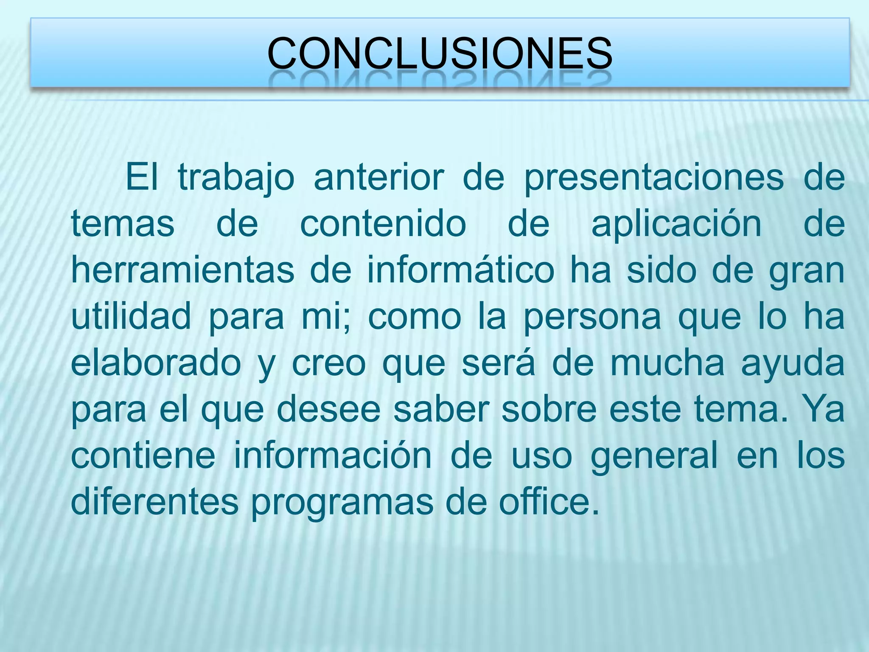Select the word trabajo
[x=236, y=177]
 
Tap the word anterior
[x=378, y=177]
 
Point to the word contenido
[x=383, y=224]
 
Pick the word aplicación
[x=676, y=225]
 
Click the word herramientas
[x=182, y=270]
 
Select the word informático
[x=460, y=270]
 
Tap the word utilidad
[x=131, y=316]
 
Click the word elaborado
[x=156, y=363]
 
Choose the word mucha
[x=667, y=363]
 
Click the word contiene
[x=143, y=455]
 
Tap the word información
[x=333, y=455]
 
